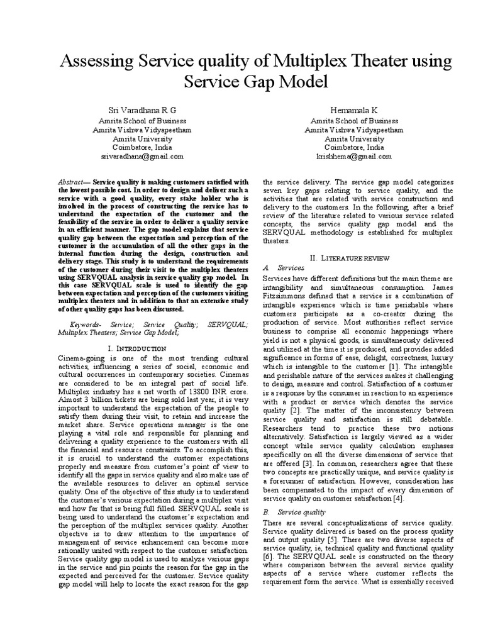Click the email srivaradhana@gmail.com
click(142, 156)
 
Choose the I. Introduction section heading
click(137, 348)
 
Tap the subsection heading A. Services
click(274, 268)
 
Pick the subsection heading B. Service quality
click(290, 512)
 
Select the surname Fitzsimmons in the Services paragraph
click(284, 295)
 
